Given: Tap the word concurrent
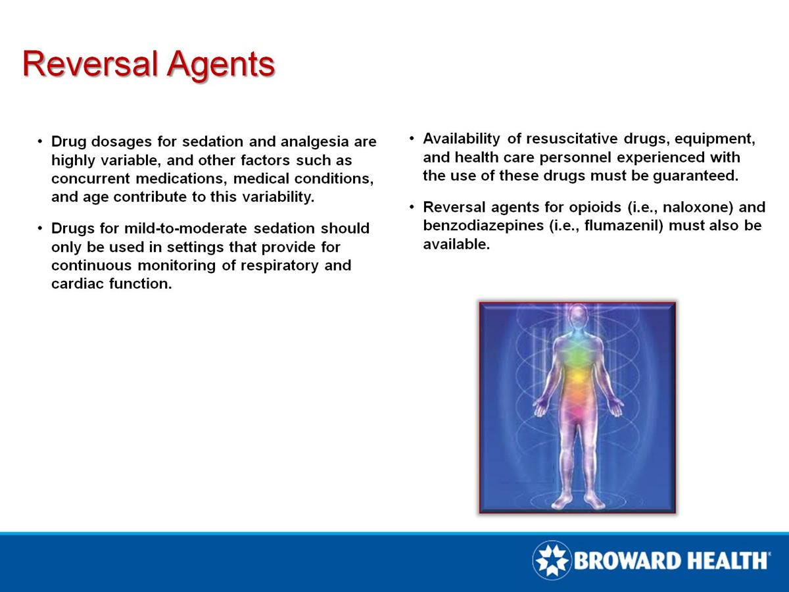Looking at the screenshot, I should [x=90, y=179].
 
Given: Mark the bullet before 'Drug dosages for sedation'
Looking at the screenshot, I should [x=40, y=142].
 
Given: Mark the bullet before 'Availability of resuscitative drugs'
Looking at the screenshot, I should [x=412, y=139].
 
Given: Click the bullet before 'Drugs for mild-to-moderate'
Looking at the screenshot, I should [x=40, y=229].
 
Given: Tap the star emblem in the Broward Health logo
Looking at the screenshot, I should [x=552, y=560].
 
